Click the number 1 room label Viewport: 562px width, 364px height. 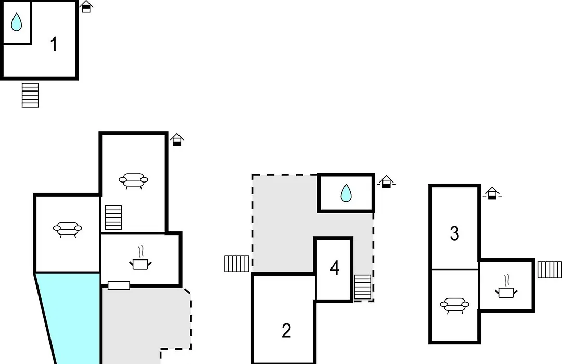pos(54,44)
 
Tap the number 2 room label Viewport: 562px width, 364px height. pos(286,331)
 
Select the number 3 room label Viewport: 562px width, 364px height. pos(454,233)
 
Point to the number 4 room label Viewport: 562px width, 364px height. pos(335,268)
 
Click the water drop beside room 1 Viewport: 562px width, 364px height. pos(16,22)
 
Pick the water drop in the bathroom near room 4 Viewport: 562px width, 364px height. pos(346,193)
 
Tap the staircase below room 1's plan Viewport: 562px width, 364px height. pos(30,95)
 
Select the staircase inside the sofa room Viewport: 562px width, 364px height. pos(113,217)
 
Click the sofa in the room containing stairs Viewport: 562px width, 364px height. pos(133,180)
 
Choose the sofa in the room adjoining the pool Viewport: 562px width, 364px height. pos(67,229)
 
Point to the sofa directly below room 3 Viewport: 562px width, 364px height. pos(454,306)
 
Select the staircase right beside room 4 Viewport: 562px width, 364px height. pos(362,287)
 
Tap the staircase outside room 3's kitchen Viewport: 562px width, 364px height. pos(550,269)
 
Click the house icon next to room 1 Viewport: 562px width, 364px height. pos(86,7)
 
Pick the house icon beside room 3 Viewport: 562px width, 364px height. pos(492,193)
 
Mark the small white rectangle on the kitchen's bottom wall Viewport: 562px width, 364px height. pos(119,285)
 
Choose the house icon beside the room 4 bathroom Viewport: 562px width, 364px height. pos(386,181)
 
